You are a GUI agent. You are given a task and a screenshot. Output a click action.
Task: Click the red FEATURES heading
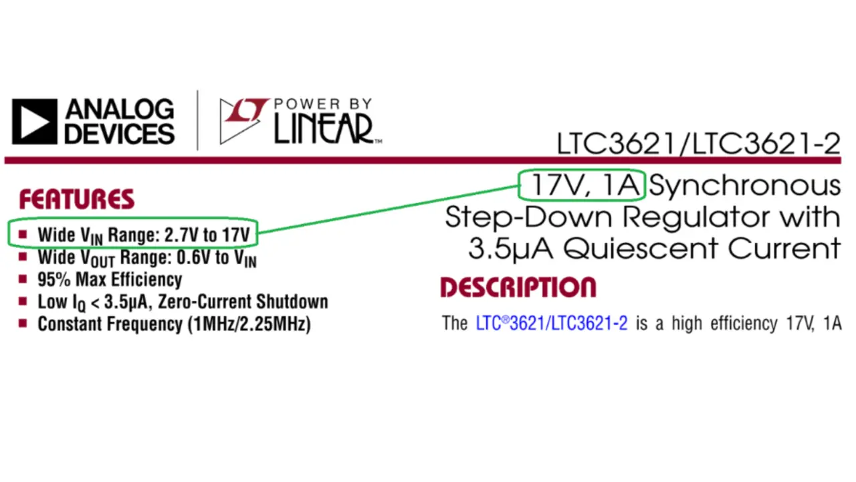point(77,199)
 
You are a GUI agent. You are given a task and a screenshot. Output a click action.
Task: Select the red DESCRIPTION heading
point(518,287)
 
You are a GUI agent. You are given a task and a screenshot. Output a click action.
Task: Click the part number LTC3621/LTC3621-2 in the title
point(698,144)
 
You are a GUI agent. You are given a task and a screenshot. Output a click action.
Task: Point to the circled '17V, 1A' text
point(581,185)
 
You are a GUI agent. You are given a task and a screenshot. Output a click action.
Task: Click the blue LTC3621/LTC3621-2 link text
point(552,324)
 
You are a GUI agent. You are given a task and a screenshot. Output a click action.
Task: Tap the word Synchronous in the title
point(744,185)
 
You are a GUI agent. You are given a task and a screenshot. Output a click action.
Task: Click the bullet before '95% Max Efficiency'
point(23,279)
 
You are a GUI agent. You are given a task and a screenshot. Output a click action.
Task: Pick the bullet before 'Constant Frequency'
point(23,324)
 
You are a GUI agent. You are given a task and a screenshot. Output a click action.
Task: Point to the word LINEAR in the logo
point(324,128)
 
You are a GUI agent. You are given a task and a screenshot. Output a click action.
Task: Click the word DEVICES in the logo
point(119,132)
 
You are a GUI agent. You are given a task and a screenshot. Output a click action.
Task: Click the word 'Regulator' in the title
point(699,217)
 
